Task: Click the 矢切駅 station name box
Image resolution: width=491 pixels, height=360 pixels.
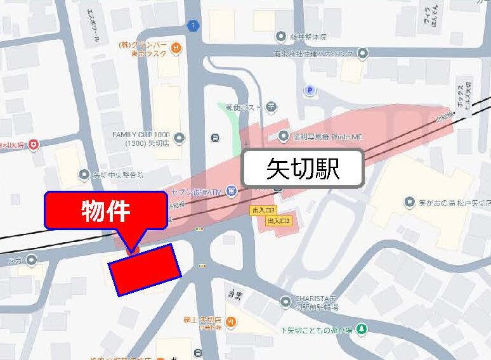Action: (x=304, y=169)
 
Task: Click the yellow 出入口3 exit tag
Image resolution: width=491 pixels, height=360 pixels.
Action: (x=263, y=210)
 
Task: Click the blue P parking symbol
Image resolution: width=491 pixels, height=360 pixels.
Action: (x=310, y=91)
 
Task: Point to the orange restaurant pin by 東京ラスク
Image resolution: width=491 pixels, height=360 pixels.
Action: (x=180, y=48)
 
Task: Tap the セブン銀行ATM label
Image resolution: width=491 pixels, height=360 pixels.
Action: (x=195, y=191)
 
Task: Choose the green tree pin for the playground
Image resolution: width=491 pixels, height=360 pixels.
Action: (x=361, y=329)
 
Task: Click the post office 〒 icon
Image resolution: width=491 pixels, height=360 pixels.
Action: (x=271, y=106)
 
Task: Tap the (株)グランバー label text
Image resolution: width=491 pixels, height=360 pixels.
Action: (x=143, y=46)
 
